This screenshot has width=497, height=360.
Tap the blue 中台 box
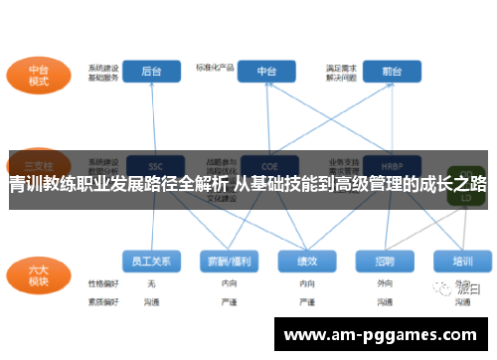pos(266,71)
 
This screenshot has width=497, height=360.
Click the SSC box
pos(155,164)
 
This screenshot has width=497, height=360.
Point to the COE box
pos(266,164)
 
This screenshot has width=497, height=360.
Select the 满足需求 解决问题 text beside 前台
pos(342,72)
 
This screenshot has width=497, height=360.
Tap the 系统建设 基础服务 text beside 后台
pos(103,72)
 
